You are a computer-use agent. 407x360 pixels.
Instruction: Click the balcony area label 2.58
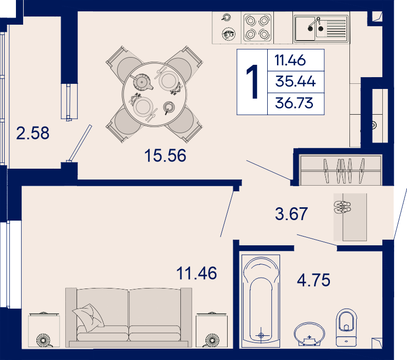coord(33,133)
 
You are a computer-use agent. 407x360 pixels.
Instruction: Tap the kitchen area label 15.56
coord(165,156)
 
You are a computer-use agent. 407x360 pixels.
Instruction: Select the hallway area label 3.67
coord(291,214)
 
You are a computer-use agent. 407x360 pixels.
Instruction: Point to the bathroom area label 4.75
coord(313,280)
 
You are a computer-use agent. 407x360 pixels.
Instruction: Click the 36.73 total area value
coord(294,103)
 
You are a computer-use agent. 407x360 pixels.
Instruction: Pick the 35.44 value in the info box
coord(295,81)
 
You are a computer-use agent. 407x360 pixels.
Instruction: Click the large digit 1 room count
coord(252,82)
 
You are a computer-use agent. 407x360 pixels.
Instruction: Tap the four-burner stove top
coord(257,28)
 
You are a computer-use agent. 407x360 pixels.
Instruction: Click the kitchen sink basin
coord(305,29)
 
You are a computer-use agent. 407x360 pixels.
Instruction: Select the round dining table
coord(155,94)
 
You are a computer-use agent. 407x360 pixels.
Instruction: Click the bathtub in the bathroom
coord(261,301)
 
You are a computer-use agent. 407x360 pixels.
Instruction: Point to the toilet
coord(346,328)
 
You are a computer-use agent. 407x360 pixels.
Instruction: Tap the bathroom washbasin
coord(309,334)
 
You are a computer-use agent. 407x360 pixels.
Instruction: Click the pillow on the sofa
coord(88,317)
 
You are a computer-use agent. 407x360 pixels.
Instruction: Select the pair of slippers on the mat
coord(342,207)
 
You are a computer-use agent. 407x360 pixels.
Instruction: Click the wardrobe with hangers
coord(341,170)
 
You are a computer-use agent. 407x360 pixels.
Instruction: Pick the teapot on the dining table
coord(142,82)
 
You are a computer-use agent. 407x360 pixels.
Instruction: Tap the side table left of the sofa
coord(44,330)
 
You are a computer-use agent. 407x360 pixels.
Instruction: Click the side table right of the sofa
coord(212,330)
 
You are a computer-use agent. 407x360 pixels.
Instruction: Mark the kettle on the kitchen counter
coord(229,34)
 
